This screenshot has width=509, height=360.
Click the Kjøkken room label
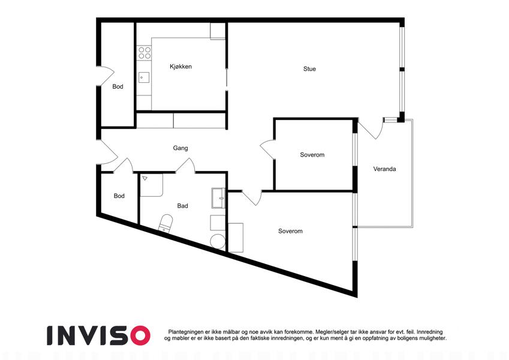(x=180, y=67)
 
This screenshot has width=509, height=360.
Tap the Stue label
(x=309, y=69)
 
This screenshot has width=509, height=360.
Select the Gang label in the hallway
(x=180, y=148)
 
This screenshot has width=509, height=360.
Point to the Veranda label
(x=384, y=169)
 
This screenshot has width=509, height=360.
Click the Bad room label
(x=182, y=206)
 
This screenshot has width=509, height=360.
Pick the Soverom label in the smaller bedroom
(x=312, y=155)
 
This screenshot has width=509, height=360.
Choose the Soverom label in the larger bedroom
(x=290, y=231)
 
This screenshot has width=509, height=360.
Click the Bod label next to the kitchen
(x=118, y=86)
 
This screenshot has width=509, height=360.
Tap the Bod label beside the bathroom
(x=119, y=196)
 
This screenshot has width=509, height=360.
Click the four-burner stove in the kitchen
(x=144, y=53)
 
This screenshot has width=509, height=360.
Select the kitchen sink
(x=144, y=77)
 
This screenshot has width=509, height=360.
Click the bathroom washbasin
(x=218, y=198)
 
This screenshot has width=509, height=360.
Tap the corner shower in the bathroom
(x=151, y=185)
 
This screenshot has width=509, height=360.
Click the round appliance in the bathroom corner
(x=218, y=241)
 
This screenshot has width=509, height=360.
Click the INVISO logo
(x=99, y=335)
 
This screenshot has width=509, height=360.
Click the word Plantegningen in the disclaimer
(x=186, y=332)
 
